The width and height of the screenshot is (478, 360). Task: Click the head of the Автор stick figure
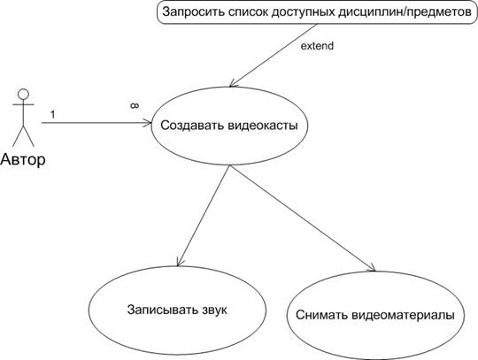[23, 94]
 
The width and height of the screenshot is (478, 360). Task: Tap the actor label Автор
[23, 159]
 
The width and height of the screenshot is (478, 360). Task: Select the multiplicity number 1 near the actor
[53, 114]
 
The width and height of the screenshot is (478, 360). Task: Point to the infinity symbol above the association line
[135, 105]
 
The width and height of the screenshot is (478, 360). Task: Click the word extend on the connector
[317, 46]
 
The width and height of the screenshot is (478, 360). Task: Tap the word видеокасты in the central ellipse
[263, 126]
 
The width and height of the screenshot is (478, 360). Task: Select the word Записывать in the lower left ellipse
[163, 310]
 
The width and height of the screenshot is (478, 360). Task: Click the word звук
[214, 310]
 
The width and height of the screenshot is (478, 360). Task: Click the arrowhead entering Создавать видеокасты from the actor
[148, 123]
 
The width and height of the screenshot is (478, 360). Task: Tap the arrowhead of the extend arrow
[232, 83]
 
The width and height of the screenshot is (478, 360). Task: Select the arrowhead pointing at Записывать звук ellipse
[179, 262]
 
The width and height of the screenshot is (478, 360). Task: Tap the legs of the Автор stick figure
[23, 136]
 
